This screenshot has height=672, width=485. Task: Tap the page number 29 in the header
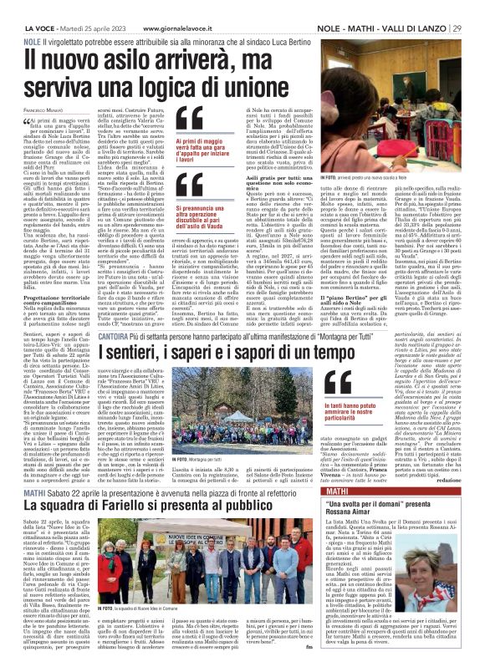pyautogui.click(x=477, y=8)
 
